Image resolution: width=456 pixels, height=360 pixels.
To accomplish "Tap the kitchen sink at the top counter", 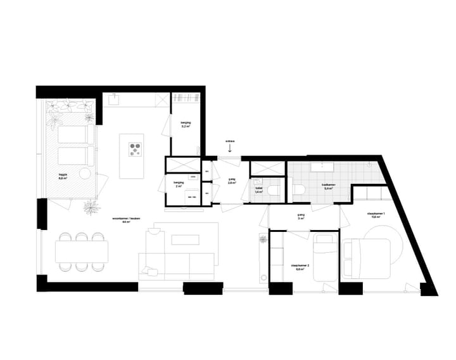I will point(115,98).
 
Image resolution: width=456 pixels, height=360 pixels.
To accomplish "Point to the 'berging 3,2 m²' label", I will point(186,124).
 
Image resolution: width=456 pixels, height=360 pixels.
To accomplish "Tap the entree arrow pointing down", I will point(231,150).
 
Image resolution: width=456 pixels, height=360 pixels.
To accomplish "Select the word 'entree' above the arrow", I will point(230,141).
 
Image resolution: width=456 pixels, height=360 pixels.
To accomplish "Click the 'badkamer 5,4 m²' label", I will point(328,187).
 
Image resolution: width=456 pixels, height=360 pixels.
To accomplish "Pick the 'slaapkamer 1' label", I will point(376,215).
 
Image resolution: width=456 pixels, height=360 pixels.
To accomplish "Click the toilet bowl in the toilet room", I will point(273,190).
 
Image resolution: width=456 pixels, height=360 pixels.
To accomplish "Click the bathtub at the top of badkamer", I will point(328,167).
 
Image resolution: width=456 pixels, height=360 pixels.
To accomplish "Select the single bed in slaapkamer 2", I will point(324,258).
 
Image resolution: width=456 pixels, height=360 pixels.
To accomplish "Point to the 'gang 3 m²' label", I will point(301,217).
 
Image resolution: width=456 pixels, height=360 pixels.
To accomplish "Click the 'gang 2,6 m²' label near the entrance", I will point(232,182).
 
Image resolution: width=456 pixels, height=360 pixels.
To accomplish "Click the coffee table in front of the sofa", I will point(184,240).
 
